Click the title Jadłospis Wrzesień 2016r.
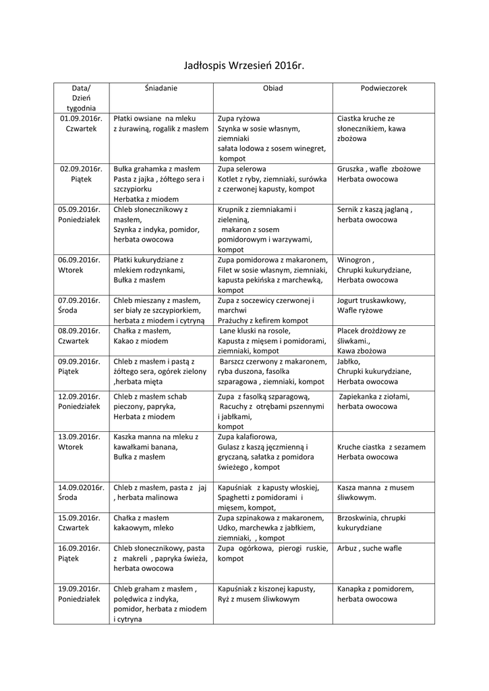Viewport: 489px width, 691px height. click(x=244, y=65)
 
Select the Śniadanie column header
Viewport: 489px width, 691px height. click(x=161, y=88)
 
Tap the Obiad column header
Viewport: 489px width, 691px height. click(x=272, y=88)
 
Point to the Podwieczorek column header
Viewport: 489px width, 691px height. click(x=383, y=88)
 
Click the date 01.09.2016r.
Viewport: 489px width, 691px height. click(x=81, y=118)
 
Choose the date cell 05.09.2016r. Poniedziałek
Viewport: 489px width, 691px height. click(x=81, y=215)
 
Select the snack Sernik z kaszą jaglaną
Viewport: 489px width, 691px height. click(x=374, y=210)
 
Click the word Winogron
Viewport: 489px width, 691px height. click(x=355, y=260)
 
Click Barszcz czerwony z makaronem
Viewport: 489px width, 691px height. click(x=272, y=362)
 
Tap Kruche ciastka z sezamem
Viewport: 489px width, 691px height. click(x=381, y=447)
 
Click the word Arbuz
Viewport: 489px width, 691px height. click(x=348, y=549)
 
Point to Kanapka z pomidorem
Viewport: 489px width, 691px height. click(x=376, y=588)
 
